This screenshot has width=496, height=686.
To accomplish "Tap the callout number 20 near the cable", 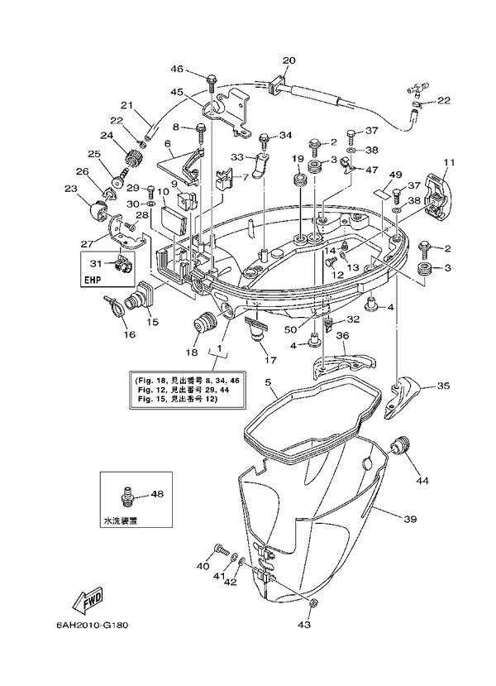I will pos(289,60).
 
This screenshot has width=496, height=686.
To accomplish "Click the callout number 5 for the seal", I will pos(268,383).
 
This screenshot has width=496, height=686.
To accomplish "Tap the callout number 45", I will pos(177,92).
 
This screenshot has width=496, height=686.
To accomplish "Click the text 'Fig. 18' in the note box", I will pos(148,378).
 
